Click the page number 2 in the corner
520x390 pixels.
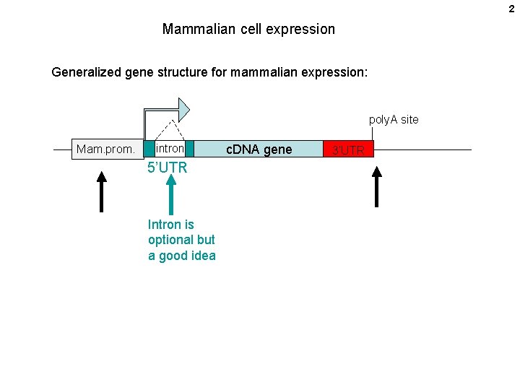511,9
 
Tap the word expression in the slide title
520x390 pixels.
302,30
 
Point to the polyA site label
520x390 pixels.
394,119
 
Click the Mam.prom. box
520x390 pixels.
105,149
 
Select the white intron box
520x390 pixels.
170,149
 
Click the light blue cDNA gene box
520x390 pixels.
259,149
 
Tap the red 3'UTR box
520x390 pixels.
349,150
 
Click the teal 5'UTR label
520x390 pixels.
168,168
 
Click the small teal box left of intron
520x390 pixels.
149,149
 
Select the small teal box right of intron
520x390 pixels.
190,149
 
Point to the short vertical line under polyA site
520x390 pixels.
373,134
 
